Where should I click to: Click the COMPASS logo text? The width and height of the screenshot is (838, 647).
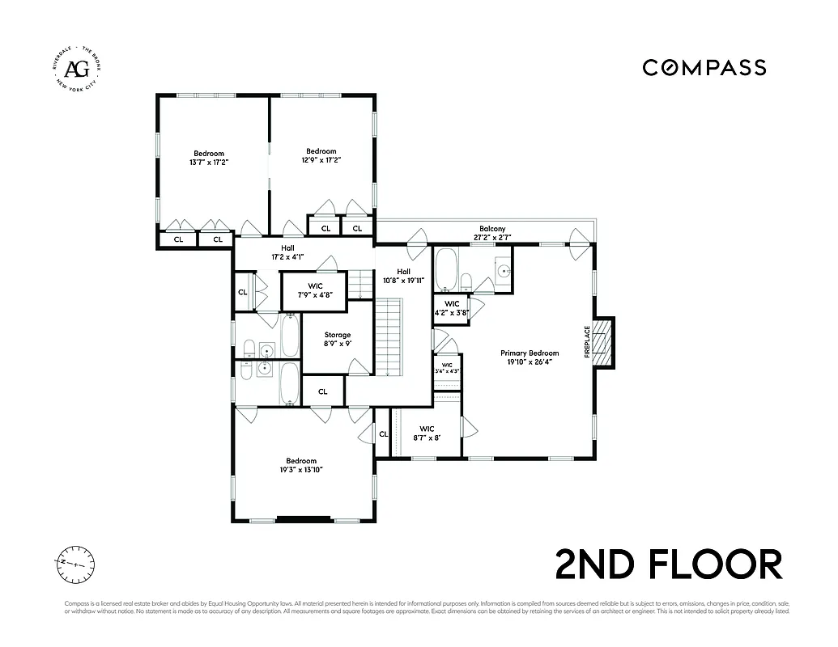704,67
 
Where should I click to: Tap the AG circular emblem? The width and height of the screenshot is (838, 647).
76,67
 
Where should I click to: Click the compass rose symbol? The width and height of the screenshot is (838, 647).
75,564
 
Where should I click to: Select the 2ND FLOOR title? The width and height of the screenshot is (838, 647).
669,564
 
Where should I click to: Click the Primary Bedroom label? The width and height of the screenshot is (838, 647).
530,353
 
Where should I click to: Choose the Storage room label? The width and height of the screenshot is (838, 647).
338,335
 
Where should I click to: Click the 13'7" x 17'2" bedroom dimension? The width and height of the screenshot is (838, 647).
208,162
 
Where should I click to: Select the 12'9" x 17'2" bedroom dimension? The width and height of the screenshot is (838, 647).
321,160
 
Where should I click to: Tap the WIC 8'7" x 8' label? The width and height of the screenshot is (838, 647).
427,433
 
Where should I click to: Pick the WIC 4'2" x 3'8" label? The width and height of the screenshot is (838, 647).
451,308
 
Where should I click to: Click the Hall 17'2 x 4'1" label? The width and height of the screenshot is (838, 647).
287,253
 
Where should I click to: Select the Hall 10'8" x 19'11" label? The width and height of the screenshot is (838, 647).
403,277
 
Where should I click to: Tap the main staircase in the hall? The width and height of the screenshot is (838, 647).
389,336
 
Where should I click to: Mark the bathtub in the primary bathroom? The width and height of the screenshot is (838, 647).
445,270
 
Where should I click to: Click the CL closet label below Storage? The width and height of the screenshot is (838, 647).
322,391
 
